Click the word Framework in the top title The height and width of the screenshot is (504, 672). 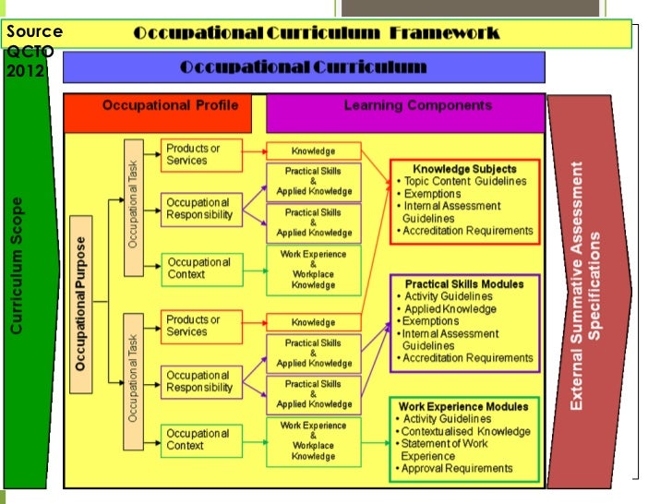click(x=444, y=33)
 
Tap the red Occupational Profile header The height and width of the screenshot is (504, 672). click(x=163, y=106)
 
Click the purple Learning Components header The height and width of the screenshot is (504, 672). click(x=417, y=106)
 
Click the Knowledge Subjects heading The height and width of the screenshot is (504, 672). click(x=464, y=169)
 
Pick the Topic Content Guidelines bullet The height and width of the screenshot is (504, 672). click(x=465, y=181)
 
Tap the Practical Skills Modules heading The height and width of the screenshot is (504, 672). click(x=464, y=284)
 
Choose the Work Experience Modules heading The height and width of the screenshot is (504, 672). click(x=463, y=406)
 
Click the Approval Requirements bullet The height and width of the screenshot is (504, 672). click(x=456, y=469)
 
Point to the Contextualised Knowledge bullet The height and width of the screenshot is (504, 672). click(x=467, y=431)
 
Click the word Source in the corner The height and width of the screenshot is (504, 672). click(x=33, y=31)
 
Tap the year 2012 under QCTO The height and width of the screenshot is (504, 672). click(x=25, y=70)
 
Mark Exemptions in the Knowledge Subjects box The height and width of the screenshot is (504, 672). click(x=433, y=194)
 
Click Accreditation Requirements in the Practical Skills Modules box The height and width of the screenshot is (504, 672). click(x=467, y=358)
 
